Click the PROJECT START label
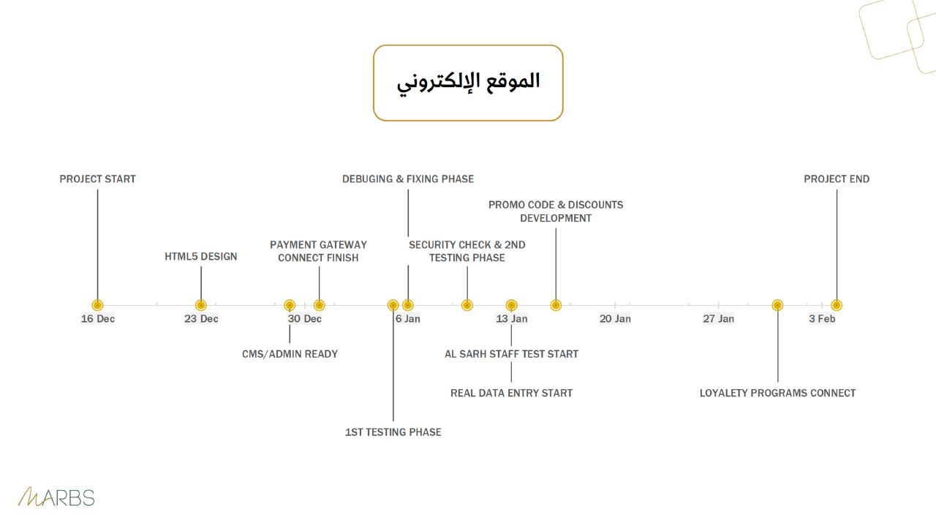(x=97, y=179)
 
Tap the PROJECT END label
(x=837, y=179)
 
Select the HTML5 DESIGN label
(x=200, y=256)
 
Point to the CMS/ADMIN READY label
(x=290, y=354)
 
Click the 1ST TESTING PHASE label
(x=393, y=432)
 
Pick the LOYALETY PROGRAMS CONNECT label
(x=777, y=393)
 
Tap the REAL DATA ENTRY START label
(x=511, y=393)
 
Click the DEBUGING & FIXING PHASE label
(x=408, y=179)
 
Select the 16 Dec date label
(x=97, y=319)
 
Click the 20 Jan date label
(x=615, y=319)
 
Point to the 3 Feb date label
(x=822, y=319)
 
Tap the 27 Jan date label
(x=718, y=319)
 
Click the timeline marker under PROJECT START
(x=97, y=305)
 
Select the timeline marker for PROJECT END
(x=837, y=305)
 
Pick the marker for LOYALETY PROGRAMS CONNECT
(x=777, y=305)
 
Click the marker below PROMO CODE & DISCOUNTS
(x=556, y=305)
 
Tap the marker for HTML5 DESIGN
(x=201, y=305)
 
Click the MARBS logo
(x=56, y=497)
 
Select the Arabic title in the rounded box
(x=468, y=82)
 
